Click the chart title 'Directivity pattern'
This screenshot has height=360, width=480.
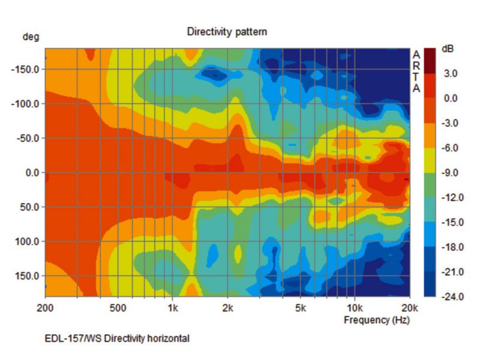click(x=227, y=31)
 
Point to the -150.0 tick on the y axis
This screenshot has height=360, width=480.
click(x=26, y=69)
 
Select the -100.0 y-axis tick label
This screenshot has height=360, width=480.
click(x=26, y=104)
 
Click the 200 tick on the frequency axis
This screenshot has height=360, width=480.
click(x=46, y=308)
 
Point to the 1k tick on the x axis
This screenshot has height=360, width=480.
click(x=172, y=308)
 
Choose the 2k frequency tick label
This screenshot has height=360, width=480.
click(x=227, y=308)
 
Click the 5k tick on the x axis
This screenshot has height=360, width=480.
click(x=300, y=308)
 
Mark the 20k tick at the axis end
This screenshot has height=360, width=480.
click(x=409, y=308)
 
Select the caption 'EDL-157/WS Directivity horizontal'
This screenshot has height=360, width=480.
click(x=117, y=339)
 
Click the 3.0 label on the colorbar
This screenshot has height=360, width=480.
click(x=450, y=73)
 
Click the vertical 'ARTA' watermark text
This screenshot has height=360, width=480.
click(x=416, y=71)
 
